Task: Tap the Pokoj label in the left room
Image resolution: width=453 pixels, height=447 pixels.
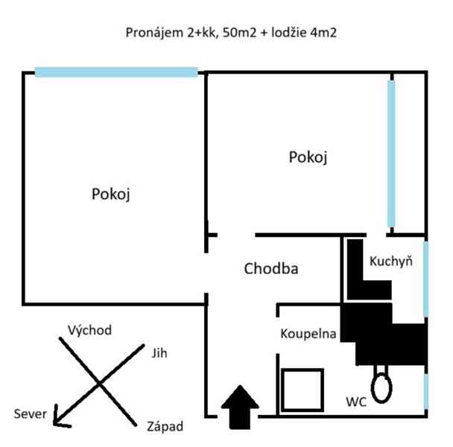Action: (x=112, y=194)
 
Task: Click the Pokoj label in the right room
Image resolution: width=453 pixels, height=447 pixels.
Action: (x=308, y=157)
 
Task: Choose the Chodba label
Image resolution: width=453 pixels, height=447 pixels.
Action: (x=271, y=269)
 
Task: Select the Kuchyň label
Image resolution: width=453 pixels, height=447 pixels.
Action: (x=391, y=261)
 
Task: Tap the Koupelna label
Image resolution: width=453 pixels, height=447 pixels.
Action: (x=308, y=333)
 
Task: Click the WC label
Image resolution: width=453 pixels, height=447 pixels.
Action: (x=355, y=402)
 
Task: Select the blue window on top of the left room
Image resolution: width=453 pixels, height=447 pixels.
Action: (x=116, y=72)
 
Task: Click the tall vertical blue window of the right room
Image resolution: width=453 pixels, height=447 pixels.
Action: (x=391, y=153)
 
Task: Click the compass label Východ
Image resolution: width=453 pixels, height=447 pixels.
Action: (x=89, y=330)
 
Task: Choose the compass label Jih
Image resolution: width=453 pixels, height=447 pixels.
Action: (x=159, y=352)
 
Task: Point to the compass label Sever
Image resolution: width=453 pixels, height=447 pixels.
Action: (x=30, y=413)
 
